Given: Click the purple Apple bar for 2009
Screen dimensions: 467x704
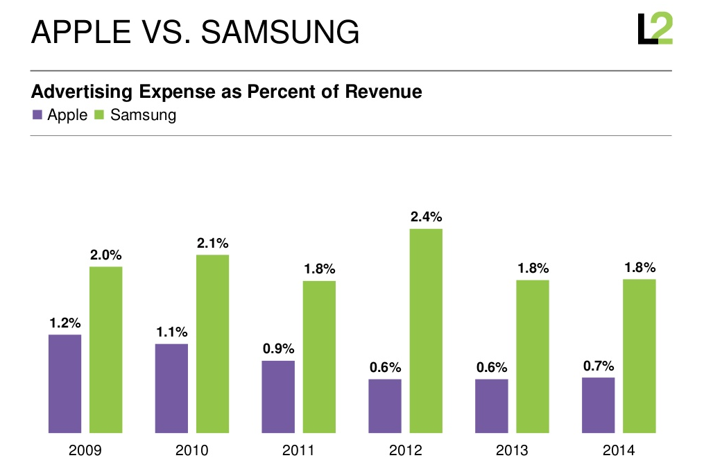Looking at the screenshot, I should click(x=65, y=384).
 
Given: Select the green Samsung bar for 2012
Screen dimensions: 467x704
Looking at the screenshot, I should click(x=426, y=331).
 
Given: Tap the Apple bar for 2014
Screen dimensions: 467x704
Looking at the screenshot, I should click(x=598, y=405).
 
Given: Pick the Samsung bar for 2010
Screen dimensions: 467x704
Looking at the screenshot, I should click(x=212, y=344).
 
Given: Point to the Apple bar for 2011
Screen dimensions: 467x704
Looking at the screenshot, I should click(x=278, y=397).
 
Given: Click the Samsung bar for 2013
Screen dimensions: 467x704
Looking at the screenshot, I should click(x=533, y=357).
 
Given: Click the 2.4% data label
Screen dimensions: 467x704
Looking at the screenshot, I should click(x=426, y=216).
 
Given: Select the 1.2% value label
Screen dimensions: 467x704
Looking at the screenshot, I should click(x=65, y=323).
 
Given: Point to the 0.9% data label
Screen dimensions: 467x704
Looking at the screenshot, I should click(x=279, y=349).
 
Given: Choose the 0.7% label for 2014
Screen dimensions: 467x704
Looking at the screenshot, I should click(x=599, y=366).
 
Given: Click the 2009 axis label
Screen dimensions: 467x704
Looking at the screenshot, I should click(x=85, y=450).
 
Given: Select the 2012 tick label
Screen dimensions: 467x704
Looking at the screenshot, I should click(x=406, y=450).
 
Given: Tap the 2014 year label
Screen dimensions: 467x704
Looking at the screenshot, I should click(x=619, y=450).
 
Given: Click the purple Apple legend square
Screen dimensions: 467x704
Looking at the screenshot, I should click(x=37, y=115).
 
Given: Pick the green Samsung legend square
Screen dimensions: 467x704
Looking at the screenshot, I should click(x=98, y=115).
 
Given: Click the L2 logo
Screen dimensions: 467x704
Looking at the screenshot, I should click(x=655, y=29).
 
